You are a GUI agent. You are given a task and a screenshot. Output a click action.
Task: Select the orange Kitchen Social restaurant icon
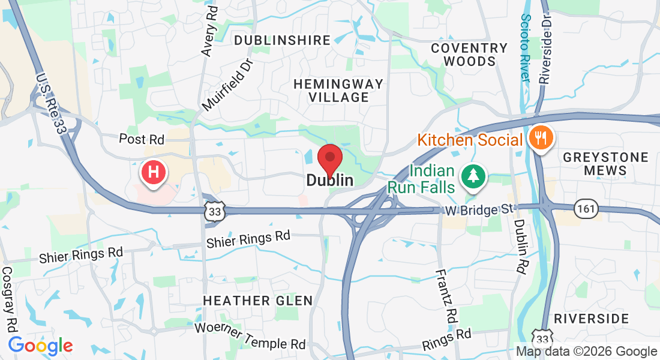click(x=542, y=139)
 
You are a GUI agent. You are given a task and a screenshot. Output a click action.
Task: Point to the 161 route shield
click(x=584, y=208)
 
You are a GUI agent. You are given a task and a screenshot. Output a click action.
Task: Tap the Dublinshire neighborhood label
click(x=282, y=40)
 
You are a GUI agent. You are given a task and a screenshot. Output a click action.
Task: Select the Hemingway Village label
click(x=338, y=90)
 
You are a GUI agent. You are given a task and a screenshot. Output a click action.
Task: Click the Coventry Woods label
click(x=469, y=55)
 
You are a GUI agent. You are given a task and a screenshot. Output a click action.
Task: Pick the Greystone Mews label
click(x=605, y=164)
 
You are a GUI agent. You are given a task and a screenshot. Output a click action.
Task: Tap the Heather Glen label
click(x=257, y=300)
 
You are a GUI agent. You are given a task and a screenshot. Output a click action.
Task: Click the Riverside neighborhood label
click(x=591, y=318)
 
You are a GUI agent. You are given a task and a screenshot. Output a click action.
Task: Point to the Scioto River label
click(x=526, y=48)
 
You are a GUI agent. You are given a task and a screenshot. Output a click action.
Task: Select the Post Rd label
click(x=142, y=139)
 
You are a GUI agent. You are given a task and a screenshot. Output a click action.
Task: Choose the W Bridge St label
click(x=481, y=210)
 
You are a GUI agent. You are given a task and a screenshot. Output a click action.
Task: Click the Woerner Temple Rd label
click(x=250, y=337)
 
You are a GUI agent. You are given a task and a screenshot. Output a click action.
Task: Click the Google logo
click(x=40, y=346)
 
